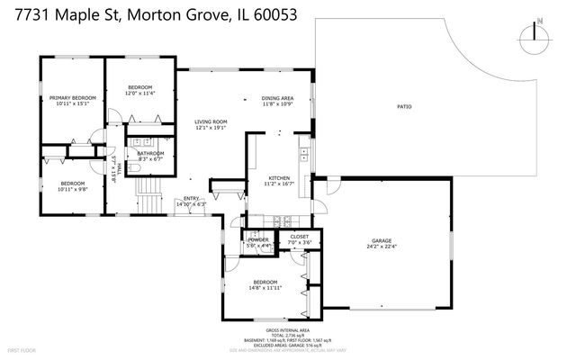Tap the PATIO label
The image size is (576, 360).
404,107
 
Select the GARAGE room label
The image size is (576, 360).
382,240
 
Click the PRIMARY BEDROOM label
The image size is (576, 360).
72,98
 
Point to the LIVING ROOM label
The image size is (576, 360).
211,121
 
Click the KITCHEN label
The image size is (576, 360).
280,178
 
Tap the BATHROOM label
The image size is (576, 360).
150,153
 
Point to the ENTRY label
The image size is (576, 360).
192,199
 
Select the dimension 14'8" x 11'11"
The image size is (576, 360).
266,287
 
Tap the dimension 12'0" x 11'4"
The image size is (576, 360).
140,93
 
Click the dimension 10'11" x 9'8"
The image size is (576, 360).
72,188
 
